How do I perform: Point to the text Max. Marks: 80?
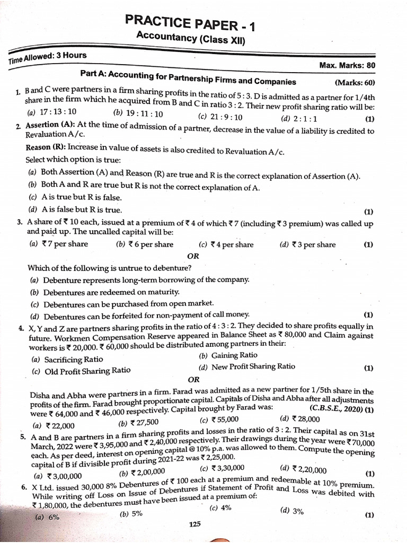347,65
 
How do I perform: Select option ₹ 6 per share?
145,244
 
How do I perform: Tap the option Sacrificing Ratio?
67,359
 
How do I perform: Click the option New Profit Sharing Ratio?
247,366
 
